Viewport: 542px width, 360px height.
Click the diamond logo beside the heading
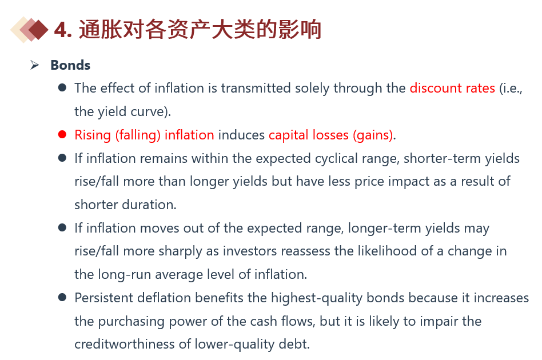29,29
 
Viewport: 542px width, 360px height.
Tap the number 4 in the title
61,30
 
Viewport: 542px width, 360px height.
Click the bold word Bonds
70,65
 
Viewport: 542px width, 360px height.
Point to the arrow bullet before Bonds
34,65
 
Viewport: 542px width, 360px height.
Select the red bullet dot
62,134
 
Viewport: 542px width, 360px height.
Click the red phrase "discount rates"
452,88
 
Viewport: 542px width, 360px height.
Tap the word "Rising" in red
93,135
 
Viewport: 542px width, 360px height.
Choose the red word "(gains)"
373,135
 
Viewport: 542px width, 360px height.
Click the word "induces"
241,135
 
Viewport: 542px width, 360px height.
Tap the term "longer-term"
384,229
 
